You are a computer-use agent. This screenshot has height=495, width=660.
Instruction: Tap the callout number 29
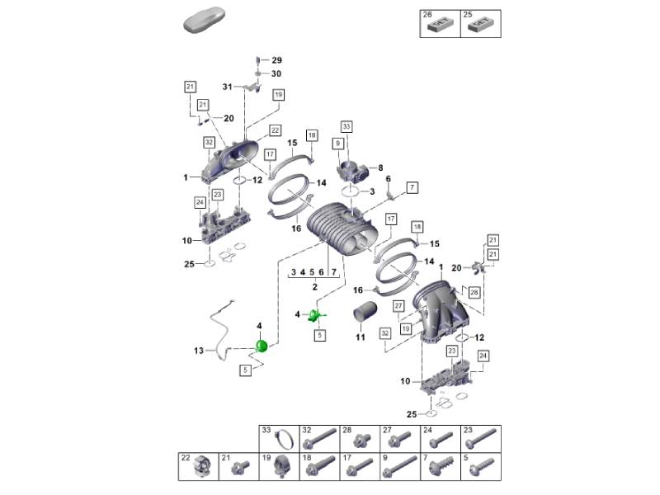coord(276,61)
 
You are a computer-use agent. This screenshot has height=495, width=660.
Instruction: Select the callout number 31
coord(227,87)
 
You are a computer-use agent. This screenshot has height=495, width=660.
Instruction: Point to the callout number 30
coord(276,73)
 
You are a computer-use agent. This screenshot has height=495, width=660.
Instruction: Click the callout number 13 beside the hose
coord(199,351)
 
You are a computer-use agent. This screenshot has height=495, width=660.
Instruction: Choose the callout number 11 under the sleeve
coord(360,337)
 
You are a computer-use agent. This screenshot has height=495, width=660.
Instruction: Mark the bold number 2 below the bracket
coord(314,287)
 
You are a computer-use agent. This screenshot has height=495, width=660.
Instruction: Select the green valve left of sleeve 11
coord(316,316)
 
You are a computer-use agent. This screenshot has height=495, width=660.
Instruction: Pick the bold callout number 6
coord(388,179)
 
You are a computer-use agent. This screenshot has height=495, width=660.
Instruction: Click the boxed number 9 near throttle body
coord(337,144)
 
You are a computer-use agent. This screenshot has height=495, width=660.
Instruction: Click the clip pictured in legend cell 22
coord(200,469)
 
